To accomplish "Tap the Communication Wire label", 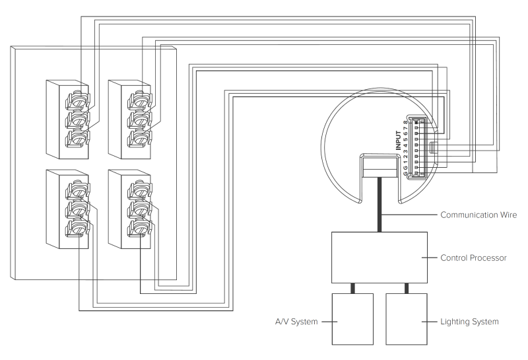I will pyautogui.click(x=478, y=215).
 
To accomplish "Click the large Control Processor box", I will pyautogui.click(x=379, y=257).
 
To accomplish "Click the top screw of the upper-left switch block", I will pyautogui.click(x=77, y=101).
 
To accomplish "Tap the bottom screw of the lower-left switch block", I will pyautogui.click(x=77, y=229).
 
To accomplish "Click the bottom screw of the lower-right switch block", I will pyautogui.click(x=139, y=229).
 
